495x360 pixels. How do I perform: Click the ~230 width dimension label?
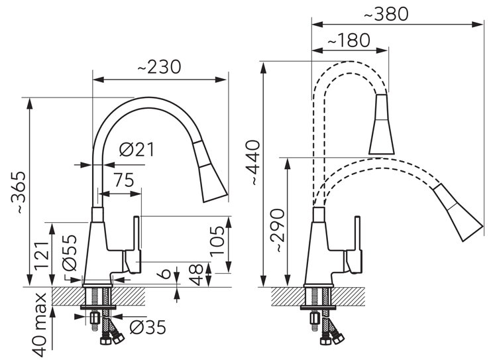160,67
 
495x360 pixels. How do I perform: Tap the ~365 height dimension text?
17,193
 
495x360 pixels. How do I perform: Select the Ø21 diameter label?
137,150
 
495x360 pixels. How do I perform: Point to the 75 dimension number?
124,180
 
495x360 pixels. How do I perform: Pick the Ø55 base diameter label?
70,253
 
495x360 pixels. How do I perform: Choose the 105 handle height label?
217,241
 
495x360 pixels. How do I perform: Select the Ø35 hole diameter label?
148,327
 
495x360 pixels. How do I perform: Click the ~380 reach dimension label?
386,14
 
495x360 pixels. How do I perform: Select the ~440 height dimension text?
254,162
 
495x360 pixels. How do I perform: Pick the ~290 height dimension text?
278,230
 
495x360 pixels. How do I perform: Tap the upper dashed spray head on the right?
382,124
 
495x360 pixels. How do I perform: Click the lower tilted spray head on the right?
458,213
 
